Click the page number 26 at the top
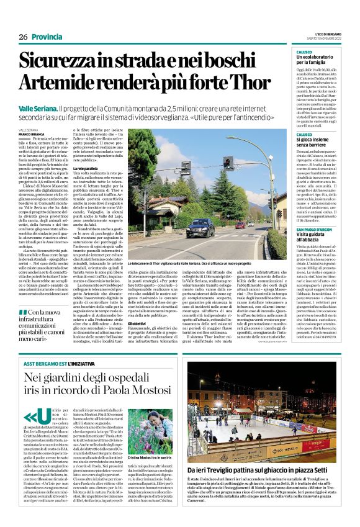pos(23,37)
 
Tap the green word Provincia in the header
pos(47,37)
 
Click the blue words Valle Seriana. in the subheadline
pos(38,109)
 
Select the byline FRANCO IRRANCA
pos(32,134)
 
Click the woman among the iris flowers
pos(155,420)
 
